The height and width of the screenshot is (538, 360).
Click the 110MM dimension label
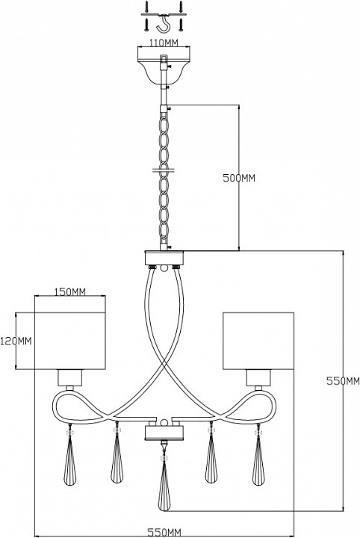pyautogui.click(x=164, y=43)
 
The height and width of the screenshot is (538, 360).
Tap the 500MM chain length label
pyautogui.click(x=239, y=178)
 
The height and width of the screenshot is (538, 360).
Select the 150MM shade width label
pyautogui.click(x=70, y=291)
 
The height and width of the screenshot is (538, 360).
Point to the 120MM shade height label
pyautogui.click(x=16, y=341)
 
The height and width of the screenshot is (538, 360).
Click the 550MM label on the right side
pyautogui.click(x=343, y=381)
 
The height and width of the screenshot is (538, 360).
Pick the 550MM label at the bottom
pyautogui.click(x=164, y=533)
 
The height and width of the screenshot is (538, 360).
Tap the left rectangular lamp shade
pyautogui.click(x=70, y=341)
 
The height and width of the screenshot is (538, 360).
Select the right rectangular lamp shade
pyautogui.click(x=258, y=341)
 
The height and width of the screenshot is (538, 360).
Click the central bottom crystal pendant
pyautogui.click(x=164, y=491)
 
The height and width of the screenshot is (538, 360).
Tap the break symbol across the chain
pyautogui.click(x=164, y=170)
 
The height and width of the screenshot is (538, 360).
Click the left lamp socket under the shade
pyautogui.click(x=70, y=377)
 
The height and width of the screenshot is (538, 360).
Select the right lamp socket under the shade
pyautogui.click(x=258, y=377)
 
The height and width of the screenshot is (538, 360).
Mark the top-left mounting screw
pyautogui.click(x=146, y=7)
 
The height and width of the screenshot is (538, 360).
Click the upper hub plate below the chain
pyautogui.click(x=164, y=258)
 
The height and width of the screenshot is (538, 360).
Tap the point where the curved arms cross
pyautogui.click(x=164, y=365)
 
